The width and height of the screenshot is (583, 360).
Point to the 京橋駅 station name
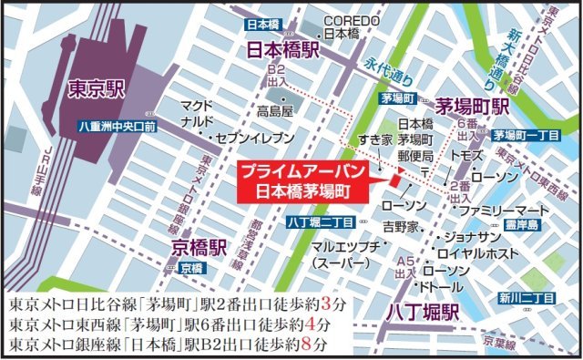pyautogui.click(x=194, y=249)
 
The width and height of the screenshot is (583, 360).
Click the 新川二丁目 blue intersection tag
pyautogui.click(x=527, y=298)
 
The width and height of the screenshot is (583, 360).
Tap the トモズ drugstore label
pyautogui.click(x=466, y=155)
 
